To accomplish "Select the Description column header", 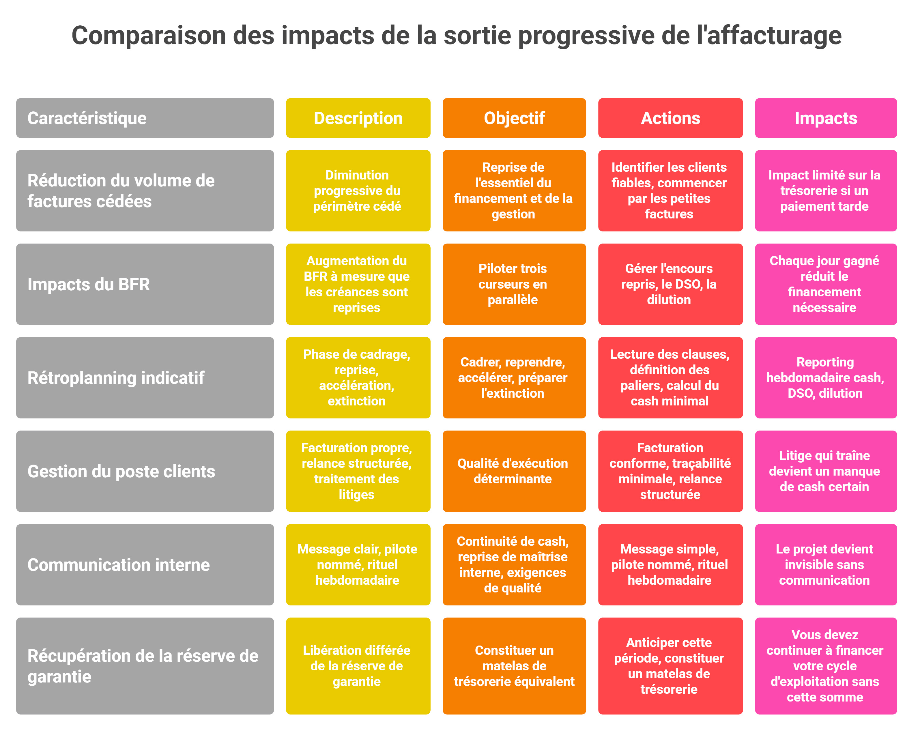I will click(358, 118).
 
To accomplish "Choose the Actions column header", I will click(670, 118).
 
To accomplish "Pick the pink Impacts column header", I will click(825, 118).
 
